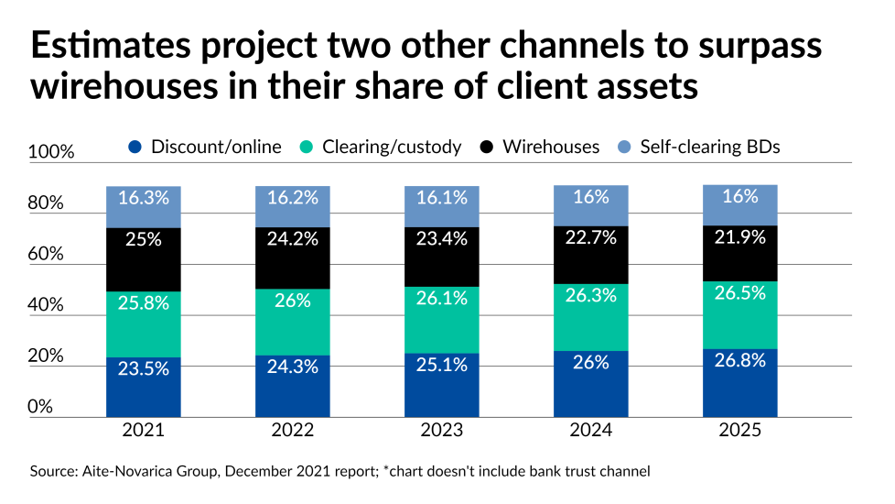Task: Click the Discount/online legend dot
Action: pos(135,147)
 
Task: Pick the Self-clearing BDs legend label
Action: pos(709,147)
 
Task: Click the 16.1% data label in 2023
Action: pos(442,197)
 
